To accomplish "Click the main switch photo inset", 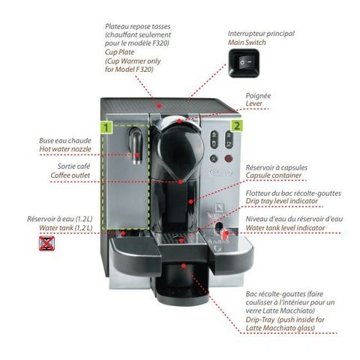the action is (244, 62).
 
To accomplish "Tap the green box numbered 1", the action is (106, 127).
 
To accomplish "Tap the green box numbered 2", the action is (236, 125).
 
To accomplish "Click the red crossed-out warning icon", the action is (46, 243).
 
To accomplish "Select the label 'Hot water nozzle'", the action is (65, 149).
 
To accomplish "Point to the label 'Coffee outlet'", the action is (70, 175).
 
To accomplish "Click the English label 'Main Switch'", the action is (247, 43).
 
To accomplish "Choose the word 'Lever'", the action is (253, 103).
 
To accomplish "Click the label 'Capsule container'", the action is (274, 175).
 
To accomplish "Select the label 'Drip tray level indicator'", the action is (281, 201).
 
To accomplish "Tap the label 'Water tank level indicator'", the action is (285, 228).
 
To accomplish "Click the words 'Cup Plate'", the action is (119, 52).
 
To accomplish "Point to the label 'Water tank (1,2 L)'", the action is (66, 228).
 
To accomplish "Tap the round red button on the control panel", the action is (229, 158).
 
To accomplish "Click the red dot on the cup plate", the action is (159, 106).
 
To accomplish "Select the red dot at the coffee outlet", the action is (181, 182).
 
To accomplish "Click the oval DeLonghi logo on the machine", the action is (220, 172).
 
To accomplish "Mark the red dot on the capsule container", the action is (190, 201).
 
